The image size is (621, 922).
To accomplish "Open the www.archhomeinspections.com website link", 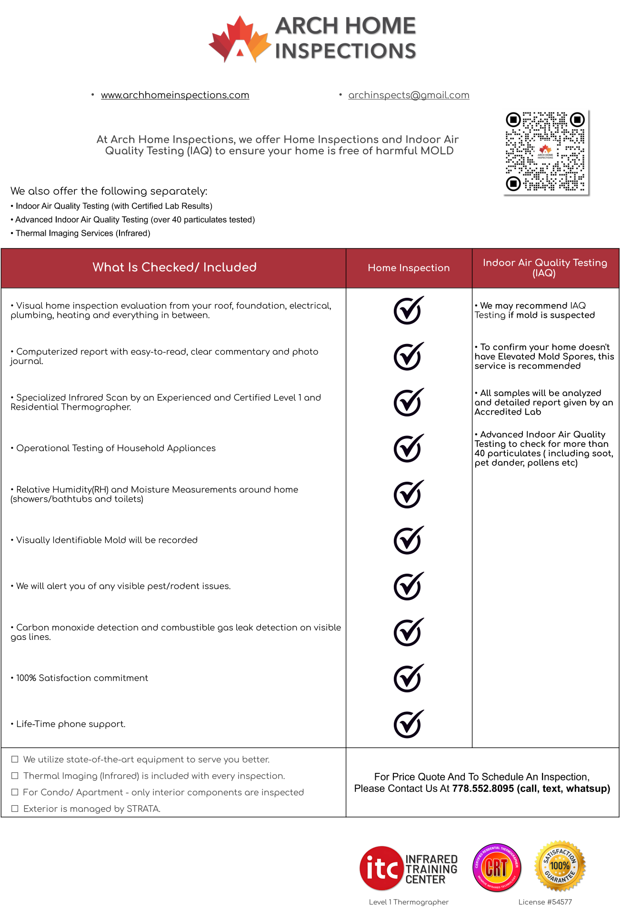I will point(175,95).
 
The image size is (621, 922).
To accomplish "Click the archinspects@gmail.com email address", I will point(409,95).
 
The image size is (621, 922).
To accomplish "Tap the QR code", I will point(545,152).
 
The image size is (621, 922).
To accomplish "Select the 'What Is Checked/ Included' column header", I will point(174,267).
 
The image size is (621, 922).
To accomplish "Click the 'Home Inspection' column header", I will point(409,268).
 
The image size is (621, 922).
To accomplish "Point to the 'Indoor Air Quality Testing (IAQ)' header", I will point(545,268).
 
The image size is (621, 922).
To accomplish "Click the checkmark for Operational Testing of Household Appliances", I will point(408,448).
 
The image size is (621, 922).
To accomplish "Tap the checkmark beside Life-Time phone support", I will point(408,724).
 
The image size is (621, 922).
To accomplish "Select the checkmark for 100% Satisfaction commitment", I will point(408,678).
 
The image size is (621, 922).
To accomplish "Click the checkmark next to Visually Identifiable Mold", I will point(408,540).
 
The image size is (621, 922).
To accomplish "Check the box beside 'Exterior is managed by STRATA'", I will point(15,809).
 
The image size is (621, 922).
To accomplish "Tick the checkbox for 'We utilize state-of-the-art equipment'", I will point(15,759).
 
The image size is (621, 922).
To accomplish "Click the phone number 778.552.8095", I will point(483,789).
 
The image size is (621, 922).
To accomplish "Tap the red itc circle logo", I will point(381,868).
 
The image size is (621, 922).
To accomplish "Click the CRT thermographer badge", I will point(497,867).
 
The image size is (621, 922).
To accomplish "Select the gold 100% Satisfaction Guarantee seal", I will point(560,866).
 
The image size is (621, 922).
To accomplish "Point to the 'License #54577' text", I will point(545,902).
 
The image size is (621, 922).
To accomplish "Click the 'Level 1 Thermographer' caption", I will point(409,902).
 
